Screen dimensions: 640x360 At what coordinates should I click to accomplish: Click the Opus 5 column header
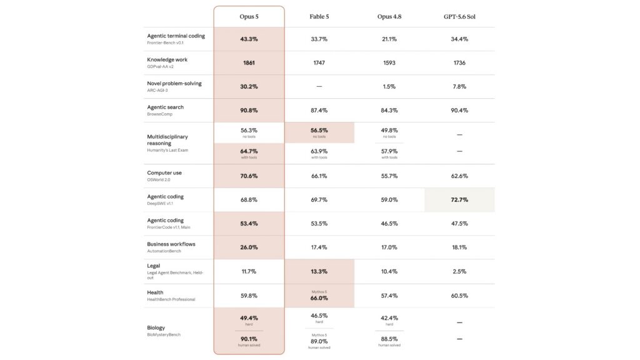pos(249,17)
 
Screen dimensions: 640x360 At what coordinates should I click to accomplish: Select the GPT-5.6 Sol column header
pos(459,17)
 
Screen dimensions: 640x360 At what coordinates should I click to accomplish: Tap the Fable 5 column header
pos(319,17)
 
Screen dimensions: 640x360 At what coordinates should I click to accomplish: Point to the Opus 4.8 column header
pos(389,17)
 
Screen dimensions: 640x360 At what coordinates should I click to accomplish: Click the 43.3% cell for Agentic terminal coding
pos(249,39)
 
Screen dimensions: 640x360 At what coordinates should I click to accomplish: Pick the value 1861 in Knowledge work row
pos(249,63)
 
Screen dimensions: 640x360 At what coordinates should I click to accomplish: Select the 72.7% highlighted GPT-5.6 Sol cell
pos(459,200)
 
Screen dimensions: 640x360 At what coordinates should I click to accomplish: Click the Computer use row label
pos(164,173)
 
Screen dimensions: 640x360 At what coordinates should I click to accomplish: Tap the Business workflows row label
pos(171,244)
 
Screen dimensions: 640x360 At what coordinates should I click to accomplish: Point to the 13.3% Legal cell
pos(319,271)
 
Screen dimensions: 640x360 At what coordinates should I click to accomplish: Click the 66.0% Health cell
pos(319,298)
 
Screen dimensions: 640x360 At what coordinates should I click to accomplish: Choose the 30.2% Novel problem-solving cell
pos(249,86)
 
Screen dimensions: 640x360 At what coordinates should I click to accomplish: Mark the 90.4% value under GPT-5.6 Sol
pos(459,111)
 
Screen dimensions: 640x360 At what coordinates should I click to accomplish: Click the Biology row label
pos(156,327)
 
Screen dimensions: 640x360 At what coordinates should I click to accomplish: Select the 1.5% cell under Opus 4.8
pos(389,86)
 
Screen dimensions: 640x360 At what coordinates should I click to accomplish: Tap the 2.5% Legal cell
pos(459,271)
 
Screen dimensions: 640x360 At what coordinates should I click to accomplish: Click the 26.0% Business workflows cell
pos(249,247)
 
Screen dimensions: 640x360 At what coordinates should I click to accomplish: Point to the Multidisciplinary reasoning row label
pos(167,140)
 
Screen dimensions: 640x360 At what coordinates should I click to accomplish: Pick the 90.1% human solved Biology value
pos(249,339)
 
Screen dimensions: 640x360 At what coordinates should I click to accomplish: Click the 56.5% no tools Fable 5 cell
pos(319,131)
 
